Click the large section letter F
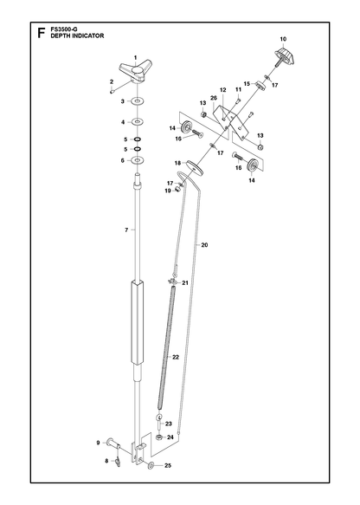41,33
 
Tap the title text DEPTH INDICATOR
77,36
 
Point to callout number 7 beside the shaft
126,230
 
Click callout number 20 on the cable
204,245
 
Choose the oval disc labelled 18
195,168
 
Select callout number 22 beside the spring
176,357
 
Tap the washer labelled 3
138,101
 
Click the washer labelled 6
138,160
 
